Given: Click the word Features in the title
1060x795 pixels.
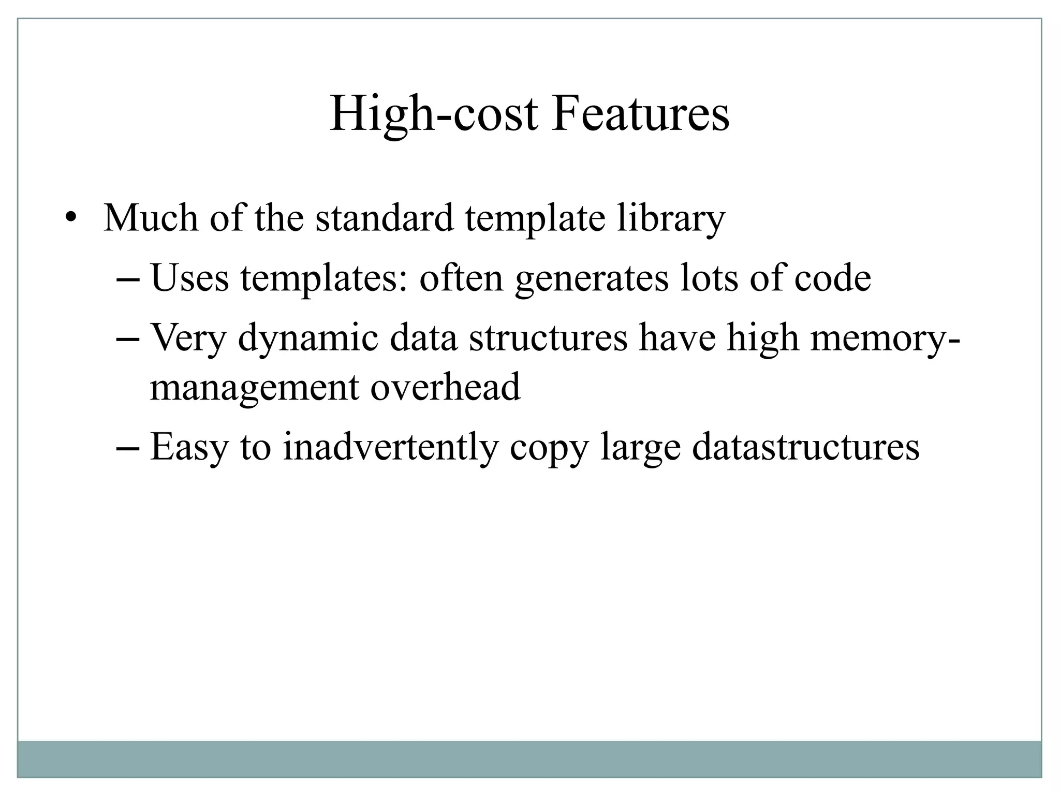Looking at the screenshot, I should [640, 114].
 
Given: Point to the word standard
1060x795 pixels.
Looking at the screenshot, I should [385, 217].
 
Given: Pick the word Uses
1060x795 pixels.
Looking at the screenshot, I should [189, 278].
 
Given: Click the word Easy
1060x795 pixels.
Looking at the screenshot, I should [189, 448].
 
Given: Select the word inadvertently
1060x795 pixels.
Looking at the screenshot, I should [390, 448].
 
